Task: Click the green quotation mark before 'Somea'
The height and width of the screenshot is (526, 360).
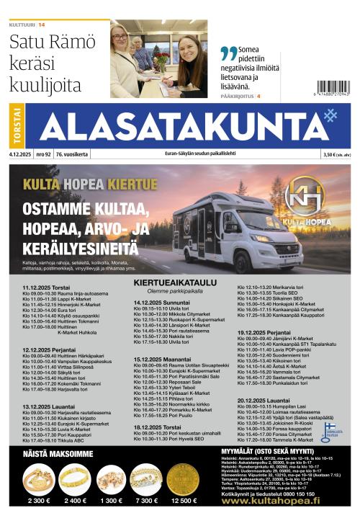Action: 228,53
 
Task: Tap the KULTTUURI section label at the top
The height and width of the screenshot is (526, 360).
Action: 22,25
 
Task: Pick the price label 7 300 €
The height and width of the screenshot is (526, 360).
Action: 145,499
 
